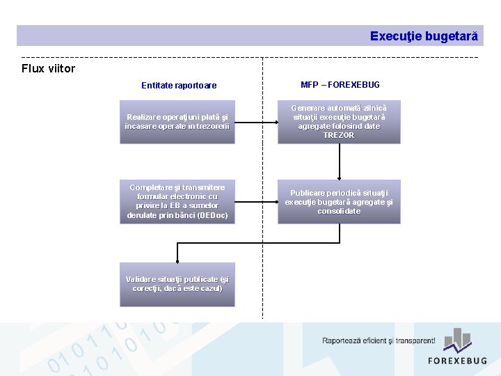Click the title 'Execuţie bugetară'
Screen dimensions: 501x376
(x=423, y=36)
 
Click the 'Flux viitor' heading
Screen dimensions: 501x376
(x=48, y=68)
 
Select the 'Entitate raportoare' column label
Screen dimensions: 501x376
(x=179, y=86)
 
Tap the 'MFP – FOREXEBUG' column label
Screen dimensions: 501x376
(x=340, y=85)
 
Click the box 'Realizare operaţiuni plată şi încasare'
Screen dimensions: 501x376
(x=177, y=122)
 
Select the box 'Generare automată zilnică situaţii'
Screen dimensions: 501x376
(x=339, y=122)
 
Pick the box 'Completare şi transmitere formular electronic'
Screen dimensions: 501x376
(x=177, y=202)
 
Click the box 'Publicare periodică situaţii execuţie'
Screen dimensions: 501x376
(x=339, y=202)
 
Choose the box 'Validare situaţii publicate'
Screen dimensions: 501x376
(x=177, y=284)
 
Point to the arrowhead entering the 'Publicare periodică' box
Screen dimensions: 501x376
(x=339, y=178)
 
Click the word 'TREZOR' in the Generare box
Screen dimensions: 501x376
(x=339, y=135)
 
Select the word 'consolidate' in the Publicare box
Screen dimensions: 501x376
(x=339, y=211)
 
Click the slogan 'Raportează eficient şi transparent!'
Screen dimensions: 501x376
(x=379, y=340)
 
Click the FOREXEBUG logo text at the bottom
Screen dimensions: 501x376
(x=457, y=360)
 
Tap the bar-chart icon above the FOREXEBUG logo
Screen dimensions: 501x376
(x=458, y=340)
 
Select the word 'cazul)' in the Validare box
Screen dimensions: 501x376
(x=209, y=288)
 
